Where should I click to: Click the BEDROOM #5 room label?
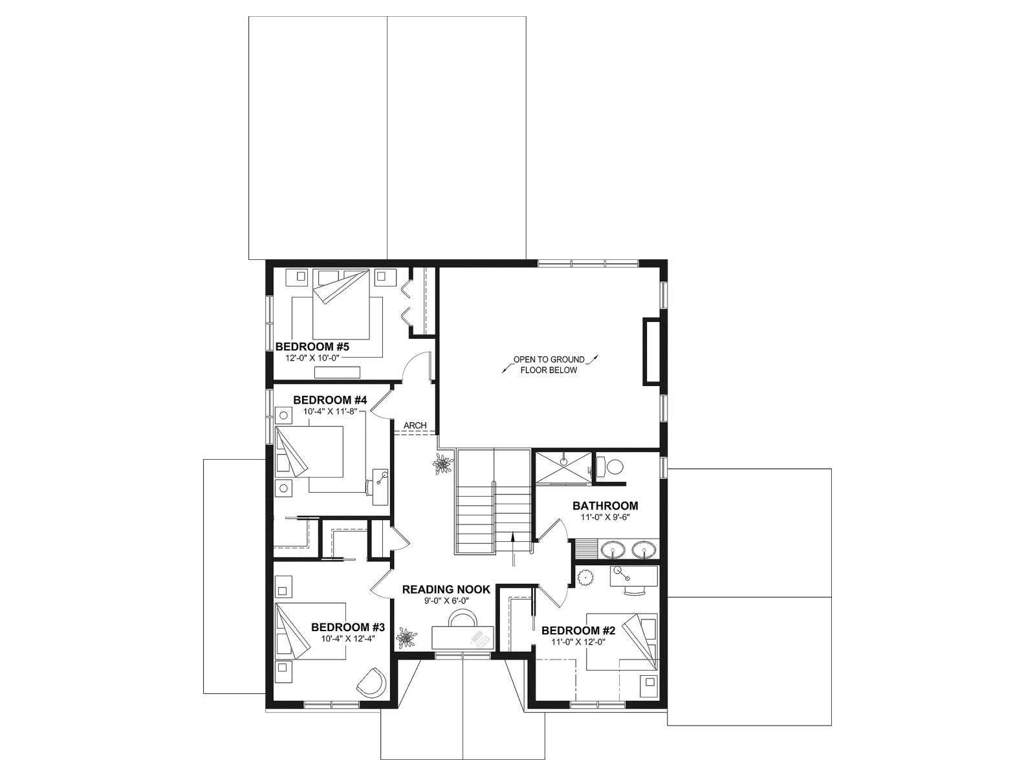click(x=312, y=347)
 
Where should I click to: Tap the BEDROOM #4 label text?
click(x=330, y=400)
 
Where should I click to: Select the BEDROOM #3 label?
click(x=348, y=627)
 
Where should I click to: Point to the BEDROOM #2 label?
click(x=578, y=630)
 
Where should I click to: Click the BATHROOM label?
click(x=605, y=506)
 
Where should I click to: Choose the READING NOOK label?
click(x=446, y=589)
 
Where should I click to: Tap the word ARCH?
click(x=415, y=426)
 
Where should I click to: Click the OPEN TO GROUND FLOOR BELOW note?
click(x=549, y=365)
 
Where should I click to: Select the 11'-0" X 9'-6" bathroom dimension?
click(x=605, y=517)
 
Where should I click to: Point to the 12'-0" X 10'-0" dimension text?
click(x=312, y=358)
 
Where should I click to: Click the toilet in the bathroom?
click(x=610, y=467)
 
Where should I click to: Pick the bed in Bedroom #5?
click(x=340, y=304)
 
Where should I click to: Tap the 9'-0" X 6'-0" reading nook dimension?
click(x=446, y=601)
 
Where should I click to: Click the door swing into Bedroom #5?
click(x=417, y=366)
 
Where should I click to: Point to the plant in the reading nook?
click(x=406, y=638)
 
